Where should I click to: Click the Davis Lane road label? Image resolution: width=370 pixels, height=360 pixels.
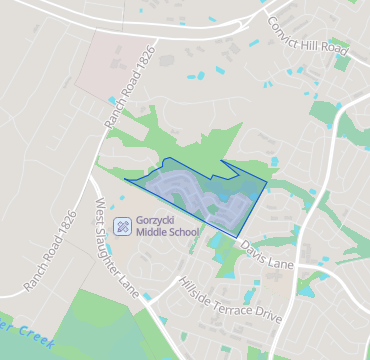tap(267, 257)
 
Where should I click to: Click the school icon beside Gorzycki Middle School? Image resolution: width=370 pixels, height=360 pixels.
tap(122, 225)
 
